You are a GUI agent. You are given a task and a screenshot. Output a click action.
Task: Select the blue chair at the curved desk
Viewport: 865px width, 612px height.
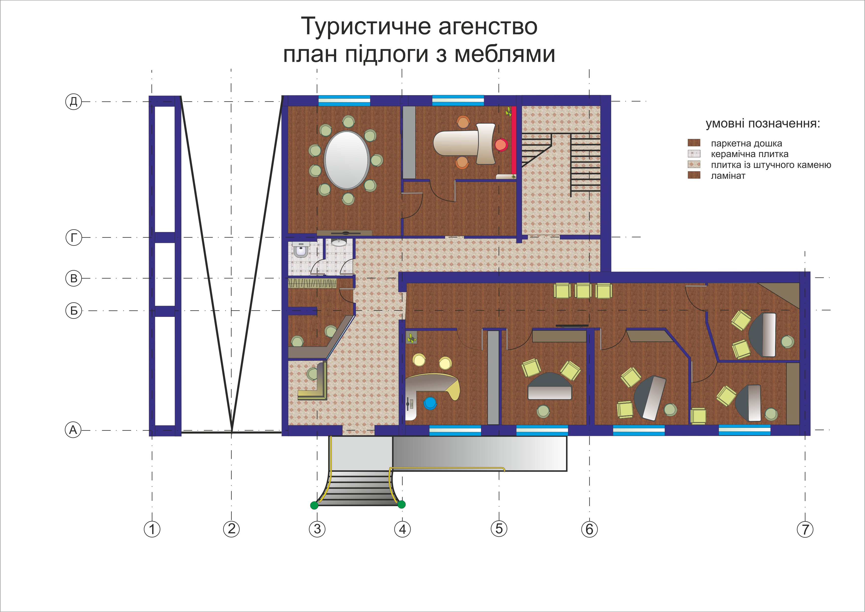[x=430, y=403]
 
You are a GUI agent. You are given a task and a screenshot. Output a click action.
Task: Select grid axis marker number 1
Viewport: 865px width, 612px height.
[x=152, y=529]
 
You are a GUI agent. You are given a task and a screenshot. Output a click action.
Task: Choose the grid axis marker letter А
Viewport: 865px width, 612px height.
[x=73, y=430]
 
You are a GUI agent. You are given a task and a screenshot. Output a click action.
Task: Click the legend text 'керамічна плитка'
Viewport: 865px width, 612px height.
[x=749, y=154]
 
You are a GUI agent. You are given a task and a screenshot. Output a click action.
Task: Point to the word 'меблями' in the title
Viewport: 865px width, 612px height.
[x=505, y=54]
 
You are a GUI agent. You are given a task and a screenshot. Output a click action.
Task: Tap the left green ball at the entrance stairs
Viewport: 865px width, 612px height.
[x=314, y=505]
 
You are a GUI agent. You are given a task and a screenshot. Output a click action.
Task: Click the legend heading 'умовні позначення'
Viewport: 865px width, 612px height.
[x=762, y=124]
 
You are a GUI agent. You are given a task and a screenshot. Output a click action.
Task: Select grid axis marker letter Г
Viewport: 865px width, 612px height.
[x=74, y=237]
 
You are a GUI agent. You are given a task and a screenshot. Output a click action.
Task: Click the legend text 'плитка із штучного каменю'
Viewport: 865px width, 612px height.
[x=771, y=165]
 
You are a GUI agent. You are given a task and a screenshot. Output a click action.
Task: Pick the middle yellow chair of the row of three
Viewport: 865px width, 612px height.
[x=583, y=290]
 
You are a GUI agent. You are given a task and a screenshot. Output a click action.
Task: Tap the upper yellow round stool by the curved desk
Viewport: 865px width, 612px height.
[x=419, y=360]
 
